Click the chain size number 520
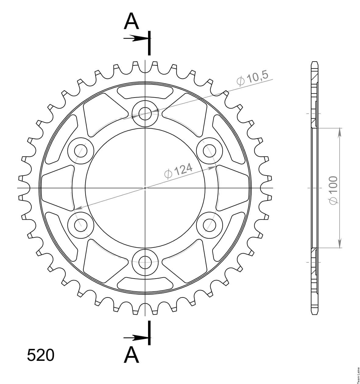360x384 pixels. coord(41,355)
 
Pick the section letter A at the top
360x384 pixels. coord(131,21)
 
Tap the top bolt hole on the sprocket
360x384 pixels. coord(145,114)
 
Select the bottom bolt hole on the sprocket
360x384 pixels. coord(145,262)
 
